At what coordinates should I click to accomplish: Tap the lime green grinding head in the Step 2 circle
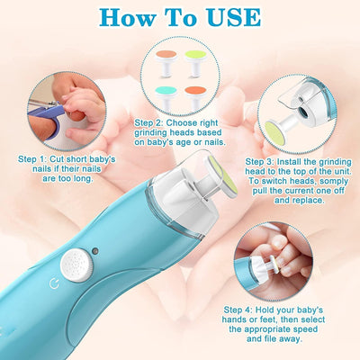(195, 62)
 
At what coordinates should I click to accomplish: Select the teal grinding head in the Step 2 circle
(166, 98)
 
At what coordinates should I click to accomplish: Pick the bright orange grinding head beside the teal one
(195, 98)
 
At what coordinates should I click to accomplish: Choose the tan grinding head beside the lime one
(166, 62)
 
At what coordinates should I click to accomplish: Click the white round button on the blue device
(76, 265)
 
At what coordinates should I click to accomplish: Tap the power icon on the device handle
(54, 283)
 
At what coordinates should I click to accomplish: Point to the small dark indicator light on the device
(95, 251)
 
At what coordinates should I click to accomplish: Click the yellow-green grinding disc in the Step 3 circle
(274, 133)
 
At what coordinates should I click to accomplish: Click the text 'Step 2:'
(148, 123)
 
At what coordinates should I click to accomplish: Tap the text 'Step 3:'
(259, 162)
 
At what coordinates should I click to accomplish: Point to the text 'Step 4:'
(238, 310)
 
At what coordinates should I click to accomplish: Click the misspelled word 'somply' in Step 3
(333, 182)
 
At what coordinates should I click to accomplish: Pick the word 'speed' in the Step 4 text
(305, 329)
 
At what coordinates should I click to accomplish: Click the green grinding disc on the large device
(224, 175)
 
